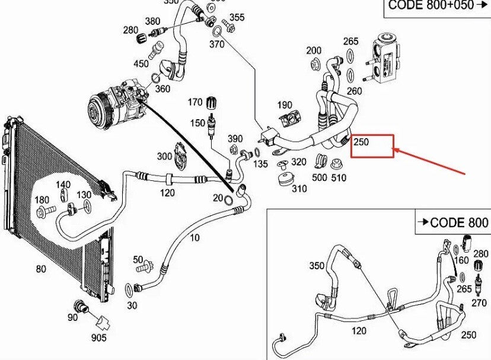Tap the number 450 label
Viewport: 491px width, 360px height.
(x=141, y=63)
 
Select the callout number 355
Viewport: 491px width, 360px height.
(x=237, y=17)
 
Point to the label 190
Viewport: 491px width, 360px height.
(x=284, y=105)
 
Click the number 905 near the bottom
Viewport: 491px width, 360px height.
(x=98, y=337)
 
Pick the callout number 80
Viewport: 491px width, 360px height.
(x=40, y=269)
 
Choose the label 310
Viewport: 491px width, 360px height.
(x=299, y=189)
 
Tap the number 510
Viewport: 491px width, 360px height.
(x=339, y=177)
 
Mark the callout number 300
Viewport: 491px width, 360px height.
(x=164, y=156)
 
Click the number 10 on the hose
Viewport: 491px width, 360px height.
(x=195, y=238)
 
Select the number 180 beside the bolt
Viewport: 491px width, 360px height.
(x=42, y=199)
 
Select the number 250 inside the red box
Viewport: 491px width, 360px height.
(x=361, y=142)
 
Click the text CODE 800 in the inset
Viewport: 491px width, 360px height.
(x=458, y=222)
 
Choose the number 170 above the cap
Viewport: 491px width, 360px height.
(x=195, y=101)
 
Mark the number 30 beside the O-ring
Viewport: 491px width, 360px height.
(x=132, y=305)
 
